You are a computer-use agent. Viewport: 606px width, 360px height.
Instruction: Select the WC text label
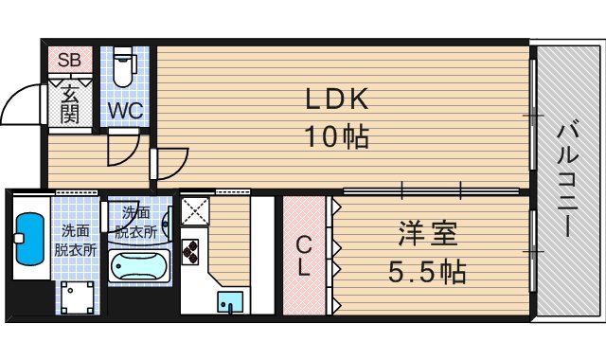(124, 109)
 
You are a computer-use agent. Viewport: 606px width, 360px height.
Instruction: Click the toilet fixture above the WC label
(123, 67)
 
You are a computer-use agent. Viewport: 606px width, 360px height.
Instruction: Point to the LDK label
(335, 99)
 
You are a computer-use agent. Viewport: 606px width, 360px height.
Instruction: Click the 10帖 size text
(335, 137)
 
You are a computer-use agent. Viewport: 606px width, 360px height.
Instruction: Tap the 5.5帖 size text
(428, 273)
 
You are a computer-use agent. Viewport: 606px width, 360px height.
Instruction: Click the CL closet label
(303, 254)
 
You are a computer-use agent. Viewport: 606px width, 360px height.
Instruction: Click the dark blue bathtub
(30, 241)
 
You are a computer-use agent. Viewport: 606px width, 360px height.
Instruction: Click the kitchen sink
(229, 301)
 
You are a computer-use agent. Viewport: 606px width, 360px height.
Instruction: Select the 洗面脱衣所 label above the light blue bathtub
(136, 222)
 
